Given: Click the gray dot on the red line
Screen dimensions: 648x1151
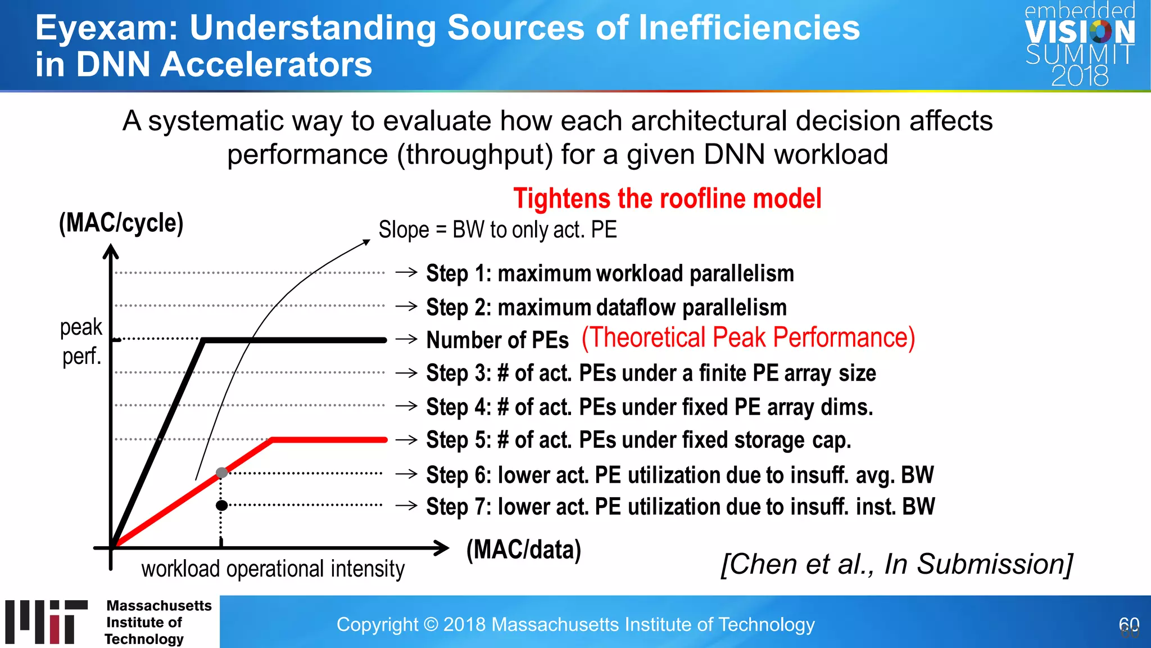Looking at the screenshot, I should [x=222, y=472].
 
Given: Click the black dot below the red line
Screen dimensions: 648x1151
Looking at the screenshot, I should [x=222, y=505].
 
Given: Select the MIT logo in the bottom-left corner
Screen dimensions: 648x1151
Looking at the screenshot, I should [x=47, y=622].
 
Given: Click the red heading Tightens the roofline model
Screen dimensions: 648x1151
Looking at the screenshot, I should [x=667, y=199].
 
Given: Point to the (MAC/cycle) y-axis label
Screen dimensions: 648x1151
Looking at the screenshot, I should [x=121, y=223].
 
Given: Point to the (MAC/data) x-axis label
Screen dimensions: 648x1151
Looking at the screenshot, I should [x=524, y=550].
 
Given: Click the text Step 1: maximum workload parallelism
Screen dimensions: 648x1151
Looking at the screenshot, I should [x=610, y=273].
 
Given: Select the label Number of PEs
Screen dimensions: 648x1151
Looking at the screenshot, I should [x=497, y=340].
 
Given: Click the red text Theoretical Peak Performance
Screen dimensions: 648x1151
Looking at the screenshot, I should [x=748, y=338].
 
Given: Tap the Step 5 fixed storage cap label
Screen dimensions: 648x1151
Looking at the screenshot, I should [x=638, y=440].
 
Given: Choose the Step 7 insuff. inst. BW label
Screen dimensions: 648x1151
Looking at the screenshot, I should [x=680, y=506].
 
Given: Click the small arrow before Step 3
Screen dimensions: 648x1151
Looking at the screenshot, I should [x=406, y=373].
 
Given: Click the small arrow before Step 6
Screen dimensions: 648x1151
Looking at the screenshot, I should [x=406, y=474].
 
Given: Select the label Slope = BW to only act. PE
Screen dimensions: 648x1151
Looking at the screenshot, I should [x=497, y=229].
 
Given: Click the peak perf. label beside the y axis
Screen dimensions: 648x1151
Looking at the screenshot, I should [x=81, y=341].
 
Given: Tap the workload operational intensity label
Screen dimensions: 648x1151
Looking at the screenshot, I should [x=273, y=569].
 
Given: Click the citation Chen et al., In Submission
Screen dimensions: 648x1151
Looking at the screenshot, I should [x=897, y=564].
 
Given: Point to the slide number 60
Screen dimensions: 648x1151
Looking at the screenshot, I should [x=1129, y=625].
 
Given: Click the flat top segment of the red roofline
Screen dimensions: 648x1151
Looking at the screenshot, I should [x=329, y=439].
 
